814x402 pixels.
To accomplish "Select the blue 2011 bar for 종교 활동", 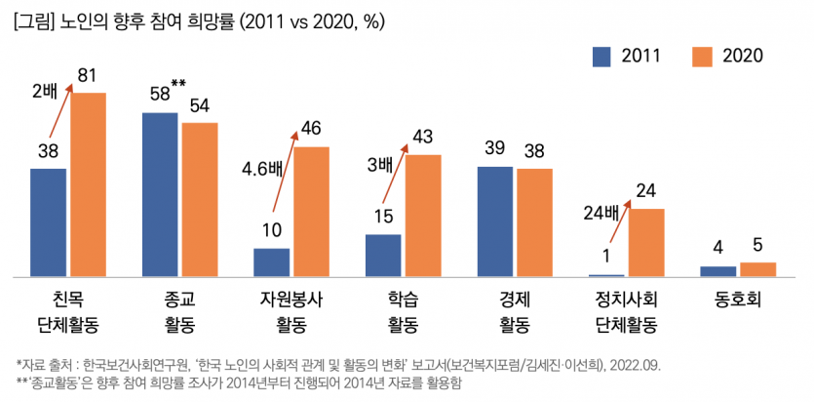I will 160,194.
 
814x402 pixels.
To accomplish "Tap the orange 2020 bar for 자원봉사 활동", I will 312,212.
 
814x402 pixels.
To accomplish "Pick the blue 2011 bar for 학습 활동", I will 383,256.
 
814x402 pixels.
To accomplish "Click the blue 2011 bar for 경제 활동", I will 494,221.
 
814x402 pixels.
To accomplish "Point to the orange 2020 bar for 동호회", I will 757,269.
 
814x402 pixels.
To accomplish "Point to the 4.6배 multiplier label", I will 261,167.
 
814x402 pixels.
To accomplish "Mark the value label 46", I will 312,129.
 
